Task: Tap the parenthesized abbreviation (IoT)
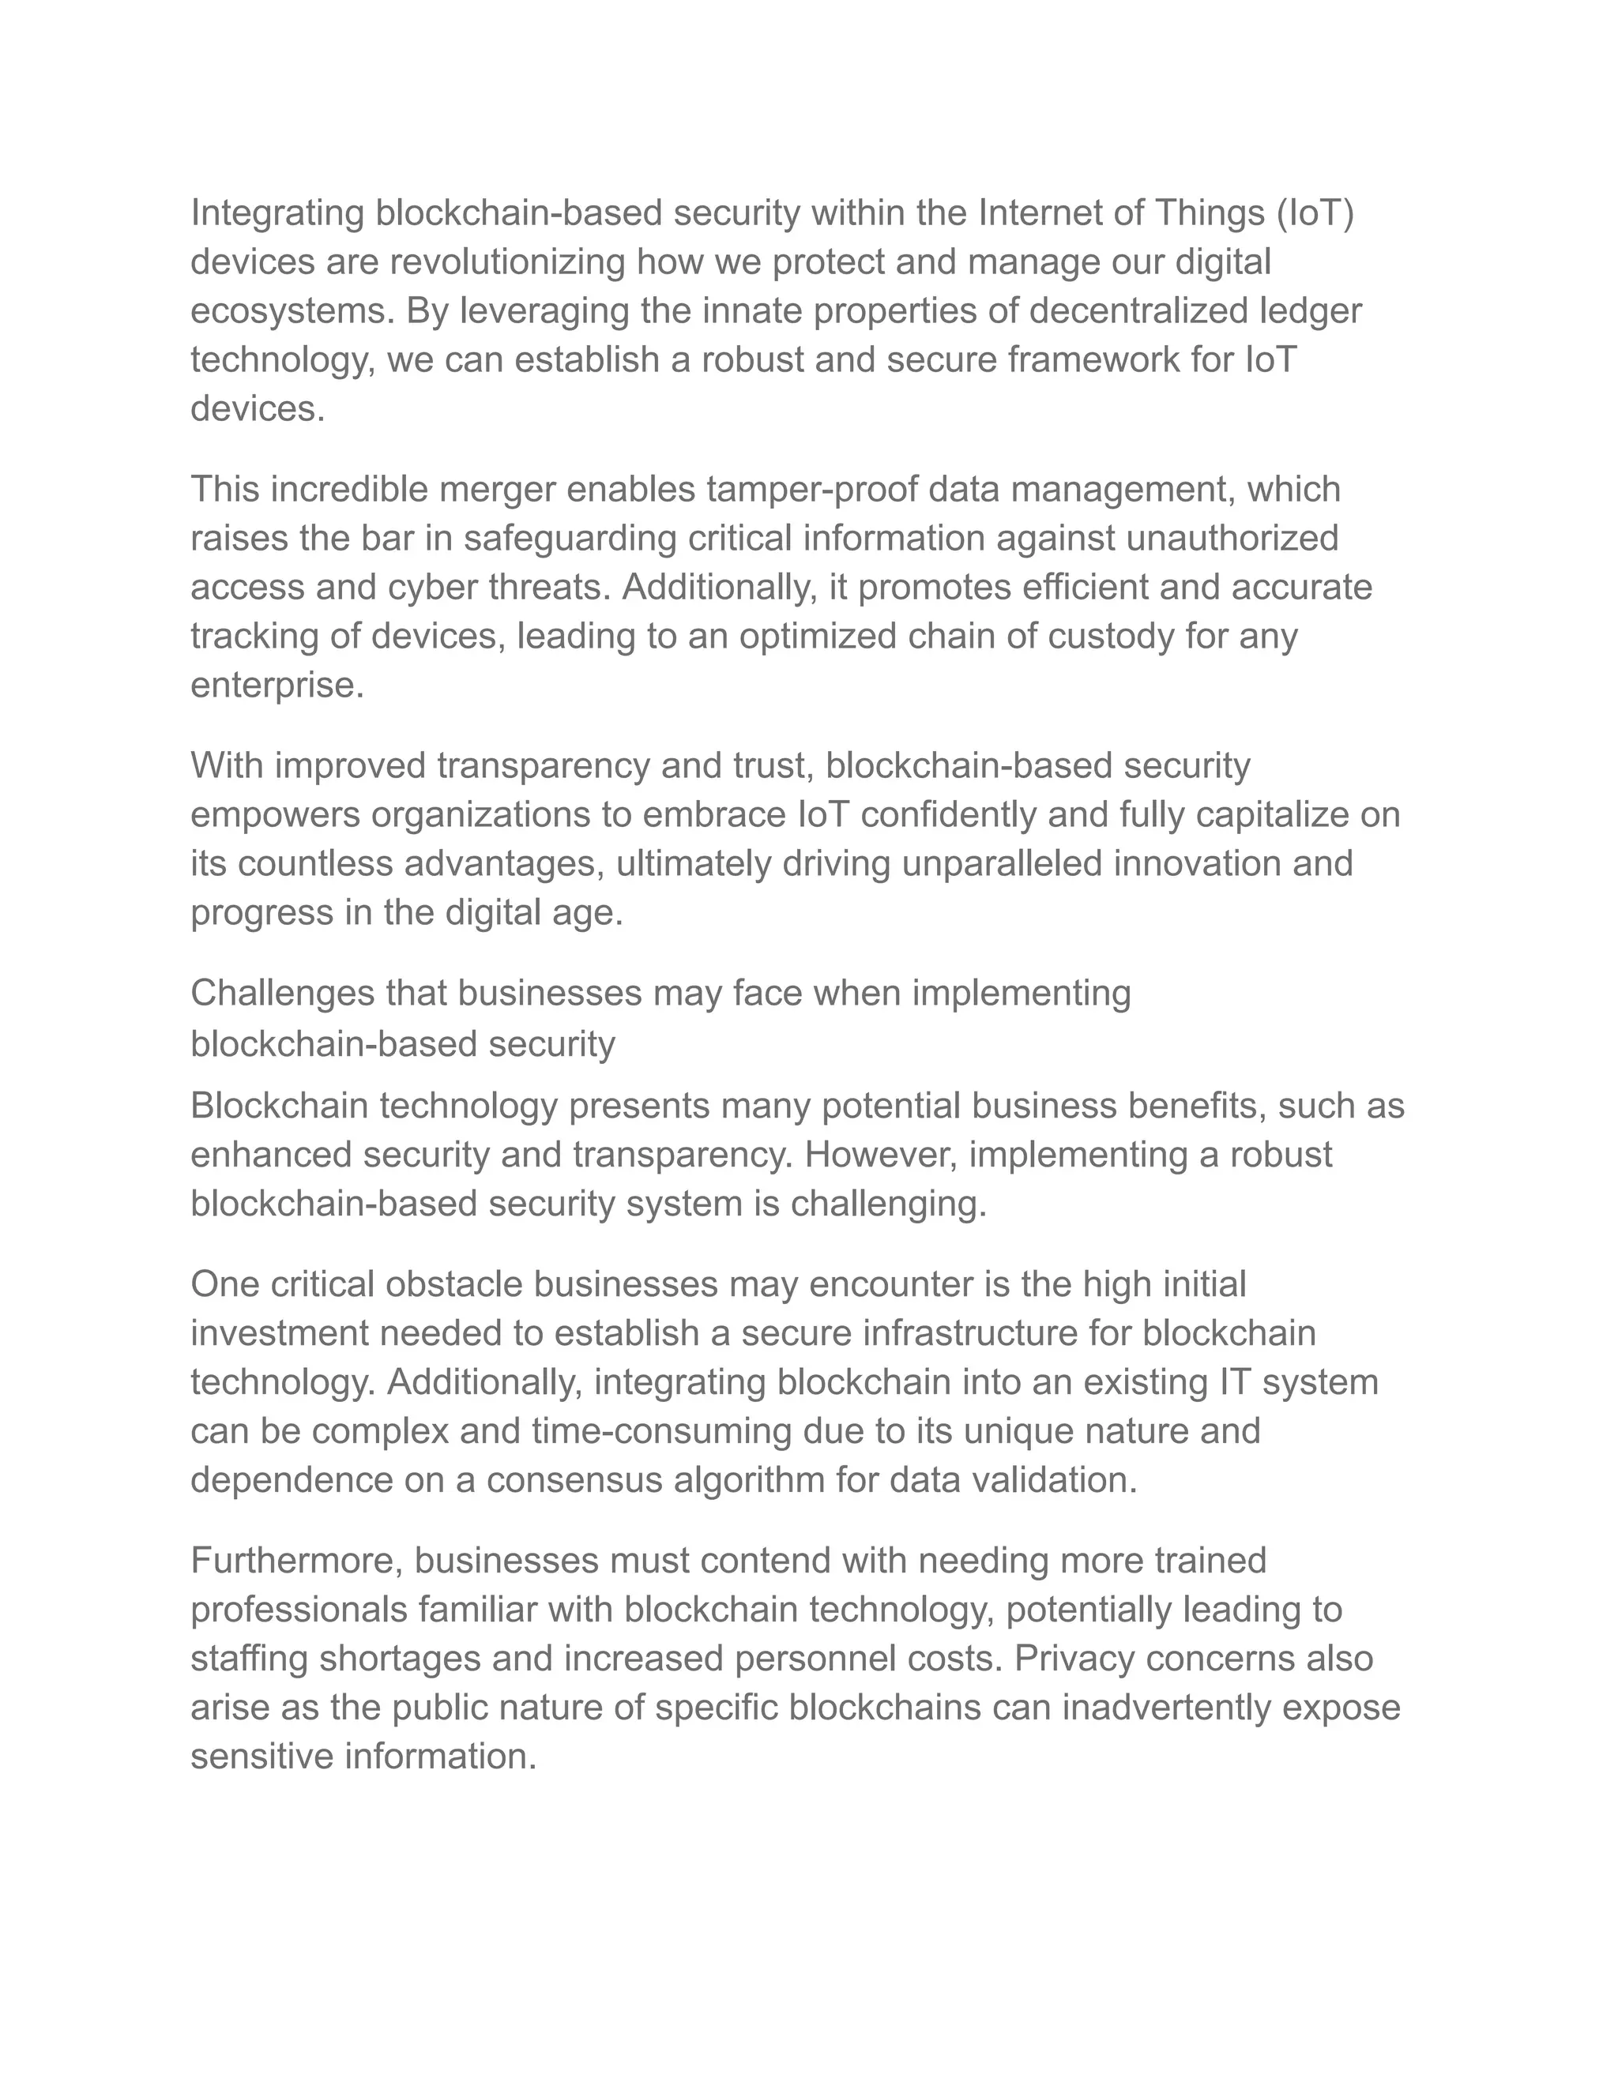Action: pyautogui.click(x=1314, y=212)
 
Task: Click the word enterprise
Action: pyautogui.click(x=277, y=686)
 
